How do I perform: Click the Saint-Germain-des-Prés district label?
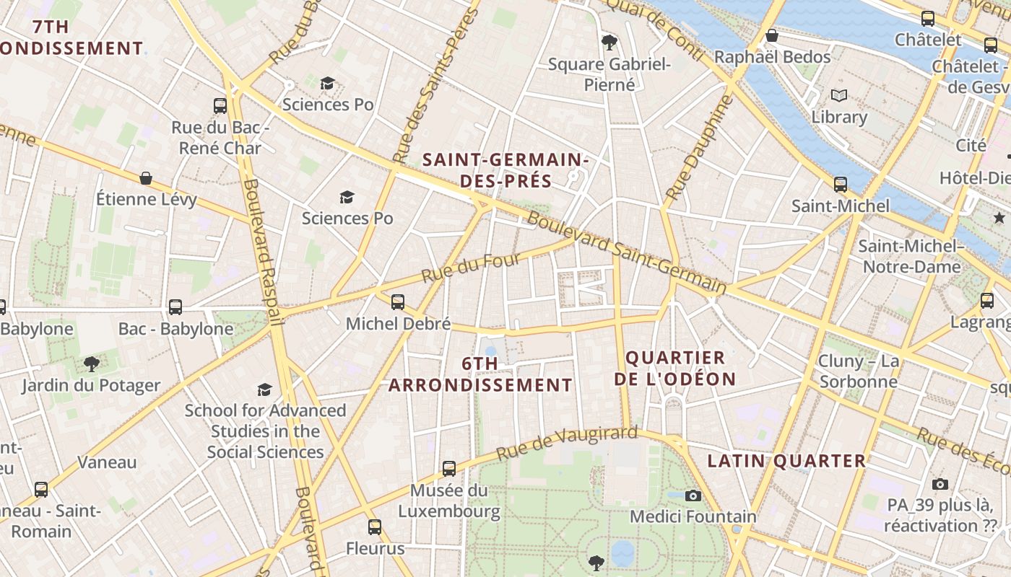pos(506,170)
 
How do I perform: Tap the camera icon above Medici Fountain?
pos(693,495)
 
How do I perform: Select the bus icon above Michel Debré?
pos(398,302)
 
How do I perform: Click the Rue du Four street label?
pos(471,268)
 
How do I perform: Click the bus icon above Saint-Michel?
pos(841,185)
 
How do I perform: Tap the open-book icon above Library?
pos(839,95)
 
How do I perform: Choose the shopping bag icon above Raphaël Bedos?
pos(772,35)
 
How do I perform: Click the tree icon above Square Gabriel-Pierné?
pos(609,42)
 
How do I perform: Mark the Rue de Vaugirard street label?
pos(567,444)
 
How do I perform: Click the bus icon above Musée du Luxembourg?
pos(449,469)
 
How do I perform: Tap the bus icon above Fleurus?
pos(374,527)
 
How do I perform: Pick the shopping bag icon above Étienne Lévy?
pos(146,178)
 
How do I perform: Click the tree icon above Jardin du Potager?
pos(91,364)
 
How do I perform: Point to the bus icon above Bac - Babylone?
pos(175,307)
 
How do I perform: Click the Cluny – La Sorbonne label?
pos(858,371)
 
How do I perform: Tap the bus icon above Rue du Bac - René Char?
pos(220,106)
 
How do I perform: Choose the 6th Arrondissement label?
pos(480,374)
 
